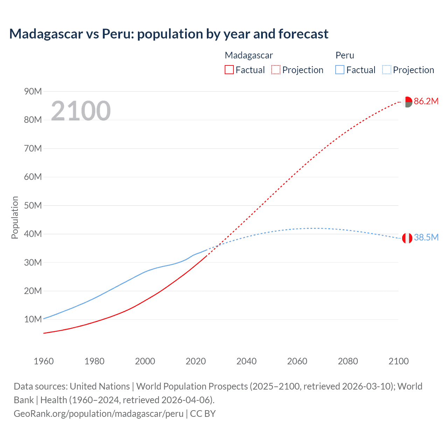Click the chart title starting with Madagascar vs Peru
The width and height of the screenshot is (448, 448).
pyautogui.click(x=169, y=34)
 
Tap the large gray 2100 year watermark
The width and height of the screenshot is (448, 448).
pyautogui.click(x=81, y=111)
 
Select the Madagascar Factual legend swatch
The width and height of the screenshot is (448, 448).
pyautogui.click(x=229, y=70)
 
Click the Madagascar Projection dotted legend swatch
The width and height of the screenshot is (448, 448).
pyautogui.click(x=276, y=70)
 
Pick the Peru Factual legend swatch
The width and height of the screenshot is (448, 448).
pyautogui.click(x=340, y=70)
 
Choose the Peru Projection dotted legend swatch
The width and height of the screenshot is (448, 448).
pyautogui.click(x=386, y=70)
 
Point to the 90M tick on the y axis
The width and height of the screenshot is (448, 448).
pyautogui.click(x=33, y=91)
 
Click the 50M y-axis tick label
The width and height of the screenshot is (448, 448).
pyautogui.click(x=33, y=205)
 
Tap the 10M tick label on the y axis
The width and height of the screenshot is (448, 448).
pyautogui.click(x=33, y=319)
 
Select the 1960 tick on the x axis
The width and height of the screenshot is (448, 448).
pyautogui.click(x=44, y=361)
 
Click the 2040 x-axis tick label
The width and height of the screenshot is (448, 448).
pyautogui.click(x=246, y=361)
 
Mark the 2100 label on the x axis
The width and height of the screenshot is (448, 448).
pyautogui.click(x=398, y=361)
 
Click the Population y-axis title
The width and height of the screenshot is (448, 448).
pyautogui.click(x=15, y=217)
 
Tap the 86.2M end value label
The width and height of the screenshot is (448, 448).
pyautogui.click(x=426, y=101)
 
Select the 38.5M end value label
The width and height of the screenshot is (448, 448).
pyautogui.click(x=426, y=237)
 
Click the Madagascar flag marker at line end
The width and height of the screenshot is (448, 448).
pyautogui.click(x=407, y=102)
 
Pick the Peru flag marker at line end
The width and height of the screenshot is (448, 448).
pyautogui.click(x=407, y=238)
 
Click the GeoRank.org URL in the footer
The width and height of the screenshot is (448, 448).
pyautogui.click(x=99, y=414)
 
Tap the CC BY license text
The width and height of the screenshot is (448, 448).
pyautogui.click(x=203, y=414)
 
